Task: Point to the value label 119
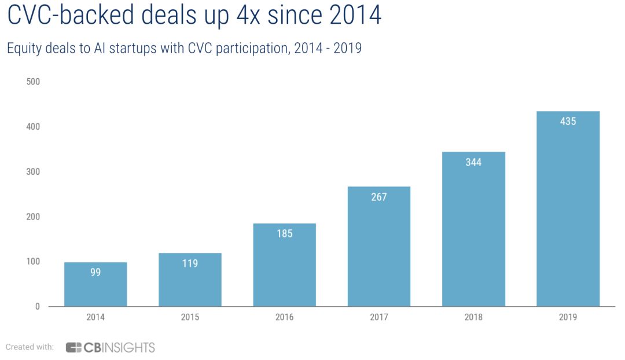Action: pos(190,263)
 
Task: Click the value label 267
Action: pos(378,197)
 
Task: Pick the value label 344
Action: pos(473,162)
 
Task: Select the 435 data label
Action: pos(568,122)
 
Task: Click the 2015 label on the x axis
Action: pos(190,317)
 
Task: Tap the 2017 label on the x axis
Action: pos(378,317)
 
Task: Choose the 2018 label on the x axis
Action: pos(473,317)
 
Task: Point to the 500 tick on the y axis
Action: pos(33,82)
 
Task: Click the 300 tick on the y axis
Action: pos(33,172)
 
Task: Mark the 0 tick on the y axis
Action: pos(38,307)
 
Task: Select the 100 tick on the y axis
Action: pos(33,262)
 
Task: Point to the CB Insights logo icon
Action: pos(73,347)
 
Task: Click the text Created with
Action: pos(30,347)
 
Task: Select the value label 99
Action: pos(95,272)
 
